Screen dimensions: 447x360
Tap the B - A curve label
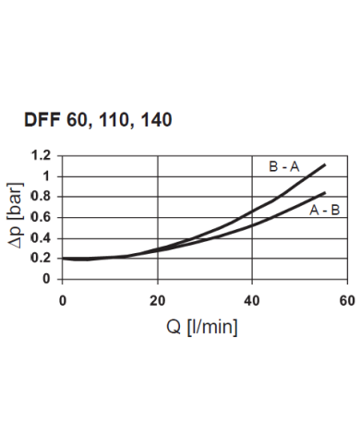284,167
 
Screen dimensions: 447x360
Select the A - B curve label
324,210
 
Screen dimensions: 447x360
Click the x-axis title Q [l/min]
202,326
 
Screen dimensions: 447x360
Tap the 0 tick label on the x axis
63,299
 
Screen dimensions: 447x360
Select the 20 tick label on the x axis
158,299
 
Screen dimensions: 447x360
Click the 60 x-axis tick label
347,299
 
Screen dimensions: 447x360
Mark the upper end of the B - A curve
325,164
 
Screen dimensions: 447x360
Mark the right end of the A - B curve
325,192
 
